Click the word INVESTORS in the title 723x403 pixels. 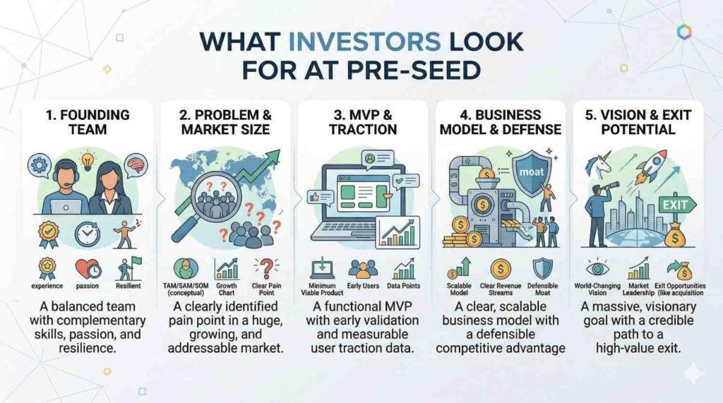coord(365,42)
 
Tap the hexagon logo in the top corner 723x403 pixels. coord(684,32)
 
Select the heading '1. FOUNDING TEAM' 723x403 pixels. coord(88,121)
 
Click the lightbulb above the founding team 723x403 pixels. coord(87,160)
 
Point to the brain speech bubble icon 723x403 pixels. coord(136,165)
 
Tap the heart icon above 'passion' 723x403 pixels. coord(88,268)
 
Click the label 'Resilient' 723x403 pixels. coord(129,286)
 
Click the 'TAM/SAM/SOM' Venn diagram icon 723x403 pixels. coord(186,269)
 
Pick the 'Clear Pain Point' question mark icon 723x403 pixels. coord(266,269)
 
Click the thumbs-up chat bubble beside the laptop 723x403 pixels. coord(320,198)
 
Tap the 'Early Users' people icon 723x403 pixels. coord(363,268)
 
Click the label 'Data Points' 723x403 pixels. coord(403,286)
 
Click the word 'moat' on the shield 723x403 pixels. coord(531,172)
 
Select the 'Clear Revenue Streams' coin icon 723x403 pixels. coord(501,268)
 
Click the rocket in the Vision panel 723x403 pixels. coord(652,165)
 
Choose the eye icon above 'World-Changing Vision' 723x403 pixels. coord(597,268)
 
